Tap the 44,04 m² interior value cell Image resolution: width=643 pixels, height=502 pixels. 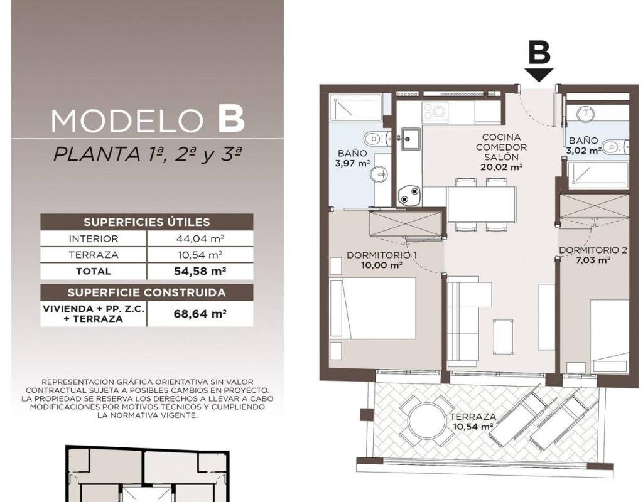pyautogui.click(x=200, y=238)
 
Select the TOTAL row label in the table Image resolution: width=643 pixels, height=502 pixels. pyautogui.click(x=94, y=271)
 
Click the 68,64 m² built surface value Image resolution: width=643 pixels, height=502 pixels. pyautogui.click(x=200, y=314)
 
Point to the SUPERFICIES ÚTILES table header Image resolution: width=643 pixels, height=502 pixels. pyautogui.click(x=147, y=222)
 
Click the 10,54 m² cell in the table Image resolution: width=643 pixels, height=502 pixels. pyautogui.click(x=200, y=255)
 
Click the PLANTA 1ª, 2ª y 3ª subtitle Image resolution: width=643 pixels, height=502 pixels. pyautogui.click(x=148, y=155)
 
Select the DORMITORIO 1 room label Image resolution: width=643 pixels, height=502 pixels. pyautogui.click(x=382, y=255)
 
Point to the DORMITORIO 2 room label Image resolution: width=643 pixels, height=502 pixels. pyautogui.click(x=593, y=250)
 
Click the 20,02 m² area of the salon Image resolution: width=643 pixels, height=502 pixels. pyautogui.click(x=502, y=167)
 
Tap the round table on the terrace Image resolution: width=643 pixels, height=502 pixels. pyautogui.click(x=426, y=420)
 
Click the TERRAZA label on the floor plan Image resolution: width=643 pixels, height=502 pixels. pyautogui.click(x=473, y=417)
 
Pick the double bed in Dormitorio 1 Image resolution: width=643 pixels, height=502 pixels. pyautogui.click(x=373, y=309)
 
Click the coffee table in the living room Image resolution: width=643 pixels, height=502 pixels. pyautogui.click(x=503, y=337)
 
